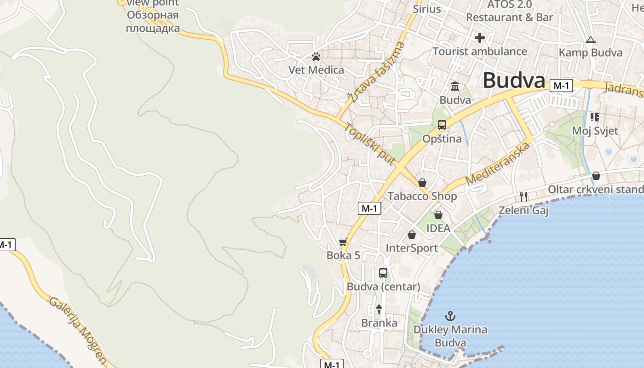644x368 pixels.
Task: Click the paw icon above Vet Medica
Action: coord(316,57)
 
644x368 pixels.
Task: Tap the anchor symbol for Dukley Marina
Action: coord(450,316)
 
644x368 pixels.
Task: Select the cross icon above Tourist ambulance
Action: coord(480,37)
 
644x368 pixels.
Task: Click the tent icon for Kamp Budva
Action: coord(591,40)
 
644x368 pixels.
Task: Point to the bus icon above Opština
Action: coord(442,125)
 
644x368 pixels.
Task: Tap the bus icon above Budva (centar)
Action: coord(383,273)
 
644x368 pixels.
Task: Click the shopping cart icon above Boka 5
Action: coord(343,242)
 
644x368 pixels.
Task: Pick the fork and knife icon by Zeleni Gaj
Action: coord(523,197)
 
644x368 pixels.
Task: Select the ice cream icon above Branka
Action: coord(379,310)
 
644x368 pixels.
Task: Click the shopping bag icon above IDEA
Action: coord(438,215)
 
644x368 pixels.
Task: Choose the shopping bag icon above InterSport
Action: coord(412,235)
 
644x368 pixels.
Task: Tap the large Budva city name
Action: coord(513,80)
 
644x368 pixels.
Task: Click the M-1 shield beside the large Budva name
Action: coord(561,86)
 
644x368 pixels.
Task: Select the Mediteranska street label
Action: coord(498,164)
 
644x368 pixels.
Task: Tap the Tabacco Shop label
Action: coord(422,196)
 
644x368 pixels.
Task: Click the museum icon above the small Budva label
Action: coord(455,86)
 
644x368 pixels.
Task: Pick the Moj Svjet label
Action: coord(595,131)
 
